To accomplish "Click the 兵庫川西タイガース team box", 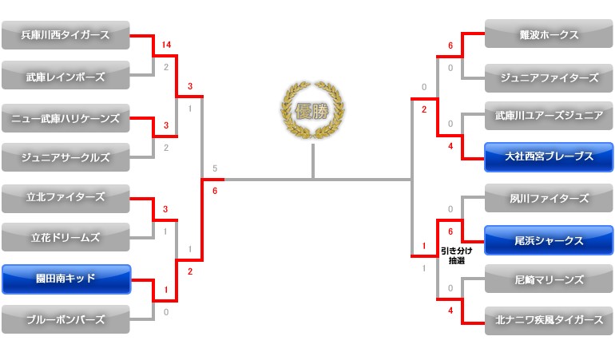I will point(65,35).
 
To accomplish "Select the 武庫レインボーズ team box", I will point(65,76).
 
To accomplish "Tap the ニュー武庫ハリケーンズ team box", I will point(65,118).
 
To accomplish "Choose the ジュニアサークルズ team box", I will point(65,157).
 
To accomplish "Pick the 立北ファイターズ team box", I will point(65,198).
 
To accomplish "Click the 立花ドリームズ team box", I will point(65,237).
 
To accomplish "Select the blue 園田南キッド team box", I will point(65,279).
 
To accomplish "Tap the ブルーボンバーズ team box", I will point(65,319).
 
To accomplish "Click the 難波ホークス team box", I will point(549,35).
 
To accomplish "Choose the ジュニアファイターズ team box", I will point(549,77).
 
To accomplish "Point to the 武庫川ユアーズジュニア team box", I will point(549,117).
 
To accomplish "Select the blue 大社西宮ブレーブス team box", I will point(549,157).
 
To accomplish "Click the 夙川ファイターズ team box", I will point(549,198).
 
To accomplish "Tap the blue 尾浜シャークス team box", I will point(549,240).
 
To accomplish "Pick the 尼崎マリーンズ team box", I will point(549,279).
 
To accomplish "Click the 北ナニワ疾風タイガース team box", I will point(549,320).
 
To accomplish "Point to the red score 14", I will point(166,45).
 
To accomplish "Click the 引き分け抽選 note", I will point(456,255).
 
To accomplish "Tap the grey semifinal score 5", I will point(215,168).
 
